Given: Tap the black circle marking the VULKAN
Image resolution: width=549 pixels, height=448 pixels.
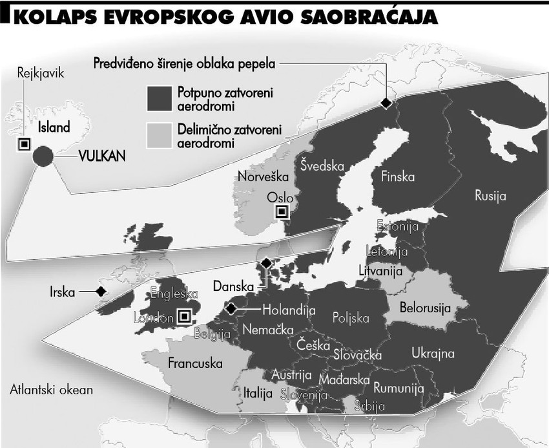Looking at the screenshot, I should coord(43,156).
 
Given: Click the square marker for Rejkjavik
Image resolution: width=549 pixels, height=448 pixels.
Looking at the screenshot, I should coord(23,144).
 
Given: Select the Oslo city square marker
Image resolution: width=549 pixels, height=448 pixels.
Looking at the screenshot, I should coord(281,211).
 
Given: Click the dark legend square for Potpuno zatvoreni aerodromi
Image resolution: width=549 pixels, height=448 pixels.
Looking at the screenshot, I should coord(158,99).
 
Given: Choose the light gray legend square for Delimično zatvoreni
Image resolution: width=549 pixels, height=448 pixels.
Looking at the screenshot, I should coord(158,134).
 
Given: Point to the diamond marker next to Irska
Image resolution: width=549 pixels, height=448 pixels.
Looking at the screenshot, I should coord(101,292).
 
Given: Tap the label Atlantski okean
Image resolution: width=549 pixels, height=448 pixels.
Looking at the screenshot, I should coord(52,390).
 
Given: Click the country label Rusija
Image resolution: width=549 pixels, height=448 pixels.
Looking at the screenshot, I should coord(491,195).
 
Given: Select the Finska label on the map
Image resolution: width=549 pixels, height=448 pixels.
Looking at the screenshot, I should coord(398,176).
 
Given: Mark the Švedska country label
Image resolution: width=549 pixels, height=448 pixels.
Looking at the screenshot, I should coord(322,165).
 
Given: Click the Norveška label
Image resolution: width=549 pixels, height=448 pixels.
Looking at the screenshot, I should coord(260,176).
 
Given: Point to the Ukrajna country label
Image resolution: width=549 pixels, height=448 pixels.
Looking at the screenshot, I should coord(433,353).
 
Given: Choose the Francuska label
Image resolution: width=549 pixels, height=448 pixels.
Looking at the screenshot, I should coord(195,362).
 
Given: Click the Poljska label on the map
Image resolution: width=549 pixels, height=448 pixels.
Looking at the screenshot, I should coord(351,318).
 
